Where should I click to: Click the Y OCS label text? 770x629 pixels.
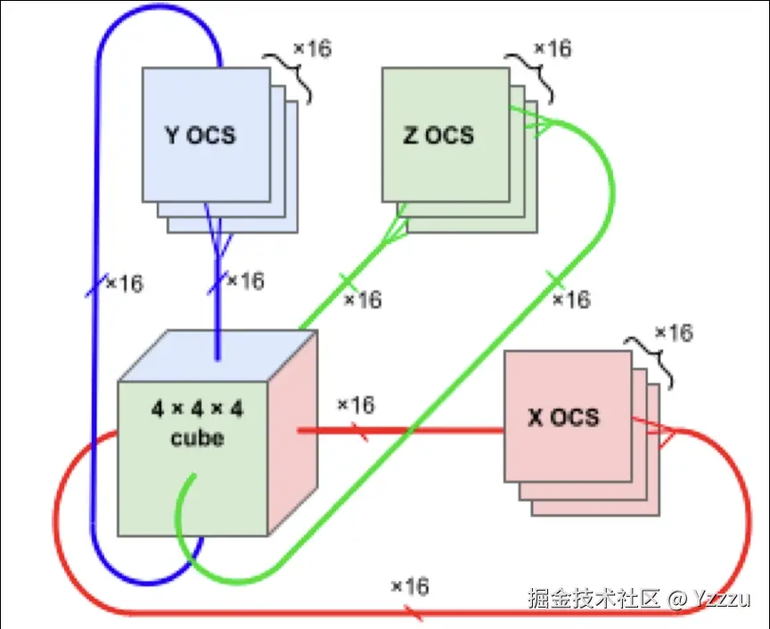pos(201,135)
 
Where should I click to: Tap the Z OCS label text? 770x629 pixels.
pos(438,135)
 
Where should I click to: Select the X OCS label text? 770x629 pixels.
pos(563,417)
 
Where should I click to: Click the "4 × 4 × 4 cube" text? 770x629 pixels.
pos(198,423)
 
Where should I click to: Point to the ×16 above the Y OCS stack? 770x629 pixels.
pos(312,48)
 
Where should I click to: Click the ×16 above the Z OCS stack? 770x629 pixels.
pos(552,48)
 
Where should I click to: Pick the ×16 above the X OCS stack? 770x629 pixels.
pos(674,333)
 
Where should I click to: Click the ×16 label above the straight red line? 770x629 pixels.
pos(356,405)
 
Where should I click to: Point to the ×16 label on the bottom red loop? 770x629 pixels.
pos(410,587)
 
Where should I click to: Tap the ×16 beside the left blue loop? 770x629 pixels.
pos(124,284)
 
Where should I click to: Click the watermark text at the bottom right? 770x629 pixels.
pos(638,598)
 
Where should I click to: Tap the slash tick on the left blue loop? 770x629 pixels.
pos(94,285)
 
